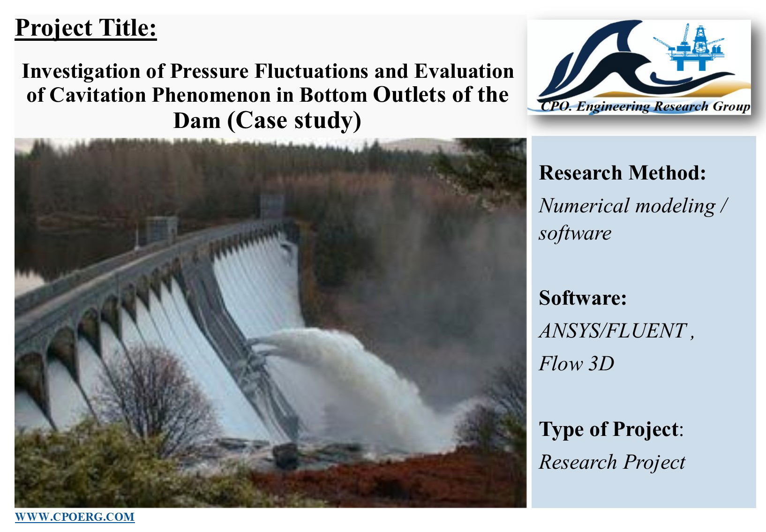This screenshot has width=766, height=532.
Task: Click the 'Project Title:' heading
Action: coord(86,29)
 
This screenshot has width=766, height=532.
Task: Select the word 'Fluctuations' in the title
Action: coord(312,71)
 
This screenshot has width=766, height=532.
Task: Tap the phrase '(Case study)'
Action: coord(294,121)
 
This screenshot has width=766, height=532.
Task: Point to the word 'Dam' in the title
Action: coord(197,120)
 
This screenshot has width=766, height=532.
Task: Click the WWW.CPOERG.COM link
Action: coord(75,517)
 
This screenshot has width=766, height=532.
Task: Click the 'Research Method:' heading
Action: coord(623,172)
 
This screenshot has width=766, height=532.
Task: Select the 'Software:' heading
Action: coord(583,298)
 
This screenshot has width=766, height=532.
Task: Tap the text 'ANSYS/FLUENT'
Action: coord(613,330)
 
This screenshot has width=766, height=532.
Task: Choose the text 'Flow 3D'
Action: coord(577,363)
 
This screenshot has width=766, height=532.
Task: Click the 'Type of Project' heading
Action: coord(608,429)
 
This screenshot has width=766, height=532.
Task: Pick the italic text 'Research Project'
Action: coord(612,462)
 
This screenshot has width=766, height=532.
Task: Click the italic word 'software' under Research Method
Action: coord(575,234)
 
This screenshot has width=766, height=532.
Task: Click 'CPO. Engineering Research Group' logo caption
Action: coord(645,106)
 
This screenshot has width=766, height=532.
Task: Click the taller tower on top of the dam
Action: coord(272,207)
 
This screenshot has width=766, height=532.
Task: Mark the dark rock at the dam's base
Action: coord(286,456)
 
